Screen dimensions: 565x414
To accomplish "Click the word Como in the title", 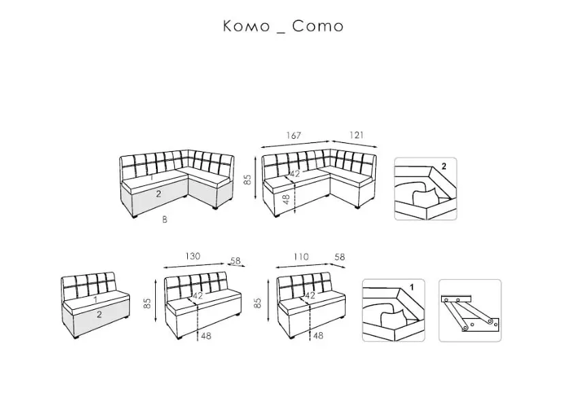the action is coord(317,26).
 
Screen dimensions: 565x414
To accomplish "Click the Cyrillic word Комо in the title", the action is coord(246,26).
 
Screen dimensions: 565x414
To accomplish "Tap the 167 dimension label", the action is coord(293,136).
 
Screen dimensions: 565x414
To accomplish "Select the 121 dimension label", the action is coord(357,135).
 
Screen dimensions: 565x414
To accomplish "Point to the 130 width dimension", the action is coord(193,256).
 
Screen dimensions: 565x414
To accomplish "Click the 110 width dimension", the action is coord(301,257).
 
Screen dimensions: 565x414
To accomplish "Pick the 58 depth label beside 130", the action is coord(236,261).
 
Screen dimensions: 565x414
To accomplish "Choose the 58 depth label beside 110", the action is coord(340,257).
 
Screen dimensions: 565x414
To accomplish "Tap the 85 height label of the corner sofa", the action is coord(248,180).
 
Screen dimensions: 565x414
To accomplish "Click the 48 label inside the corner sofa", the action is coord(287,200).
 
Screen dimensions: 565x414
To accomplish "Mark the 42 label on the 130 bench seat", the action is coord(198,296).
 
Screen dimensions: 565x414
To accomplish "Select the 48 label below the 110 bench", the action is coord(318,336).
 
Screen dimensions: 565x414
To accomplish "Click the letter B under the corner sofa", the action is coord(165,219).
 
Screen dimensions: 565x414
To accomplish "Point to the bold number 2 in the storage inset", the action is coord(444,166).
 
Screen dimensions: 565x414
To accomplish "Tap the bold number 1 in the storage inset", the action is coord(412,287).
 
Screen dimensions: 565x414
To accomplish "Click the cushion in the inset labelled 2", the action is coord(425,197).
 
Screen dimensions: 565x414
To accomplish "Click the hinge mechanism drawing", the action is coord(470,312).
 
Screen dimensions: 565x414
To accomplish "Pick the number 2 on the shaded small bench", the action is coord(99,315).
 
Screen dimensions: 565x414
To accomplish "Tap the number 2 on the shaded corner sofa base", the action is coord(158,194).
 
